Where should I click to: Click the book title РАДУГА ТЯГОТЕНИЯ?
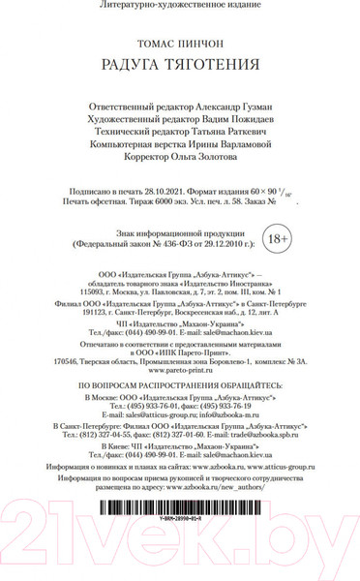(181, 66)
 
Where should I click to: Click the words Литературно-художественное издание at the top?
(181, 7)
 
